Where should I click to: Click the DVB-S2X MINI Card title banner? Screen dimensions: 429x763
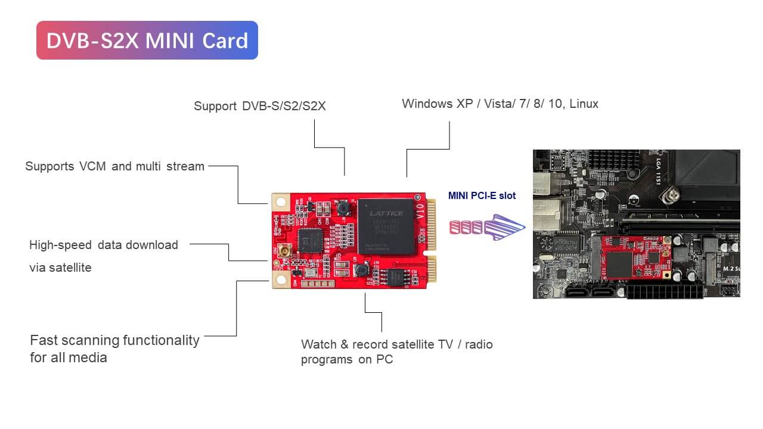click(147, 41)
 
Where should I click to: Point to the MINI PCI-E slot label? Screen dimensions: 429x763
click(482, 195)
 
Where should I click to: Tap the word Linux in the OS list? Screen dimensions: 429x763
click(584, 104)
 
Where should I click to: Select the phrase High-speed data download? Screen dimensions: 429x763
click(104, 245)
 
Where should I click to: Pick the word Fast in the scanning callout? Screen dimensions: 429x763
click(44, 340)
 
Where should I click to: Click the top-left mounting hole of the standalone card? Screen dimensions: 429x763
click(281, 203)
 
